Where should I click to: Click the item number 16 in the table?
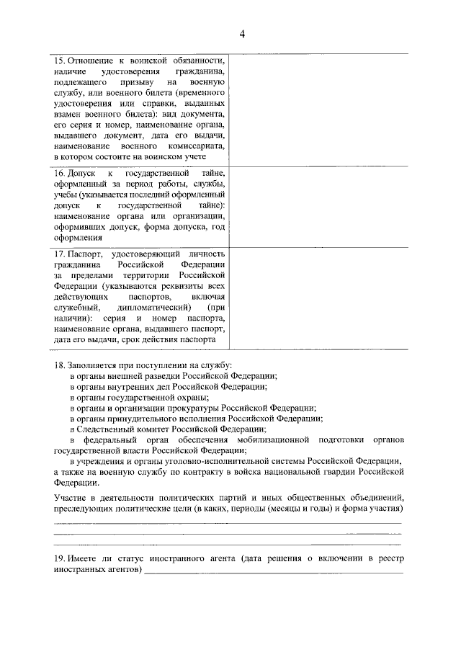60,174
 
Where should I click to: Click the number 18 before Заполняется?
60,366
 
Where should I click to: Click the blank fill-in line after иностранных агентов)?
274,572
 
